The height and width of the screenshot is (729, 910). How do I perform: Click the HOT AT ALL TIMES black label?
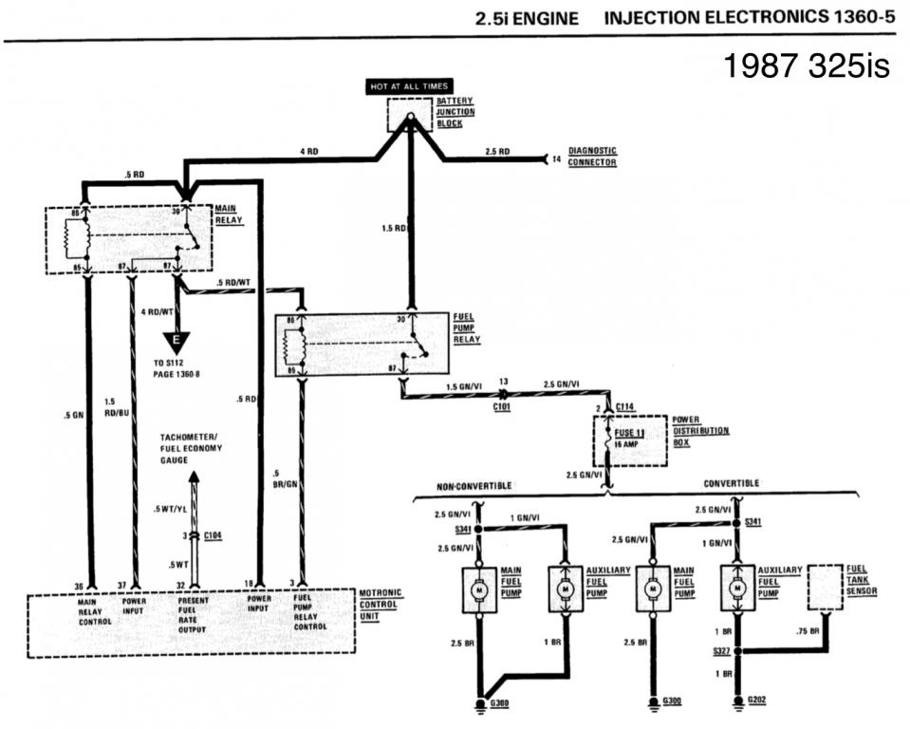(409, 86)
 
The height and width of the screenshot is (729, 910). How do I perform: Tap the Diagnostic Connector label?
(592, 157)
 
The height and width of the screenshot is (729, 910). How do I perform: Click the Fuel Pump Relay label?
(468, 327)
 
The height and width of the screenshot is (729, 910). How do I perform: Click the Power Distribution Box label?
(700, 431)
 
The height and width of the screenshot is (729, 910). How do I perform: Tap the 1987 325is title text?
(806, 67)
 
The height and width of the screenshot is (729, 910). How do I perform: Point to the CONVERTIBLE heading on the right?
(731, 483)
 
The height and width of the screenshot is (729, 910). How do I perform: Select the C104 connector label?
(214, 536)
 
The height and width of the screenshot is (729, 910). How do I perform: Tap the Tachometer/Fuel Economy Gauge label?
(192, 447)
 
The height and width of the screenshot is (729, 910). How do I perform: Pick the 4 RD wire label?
(308, 151)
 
